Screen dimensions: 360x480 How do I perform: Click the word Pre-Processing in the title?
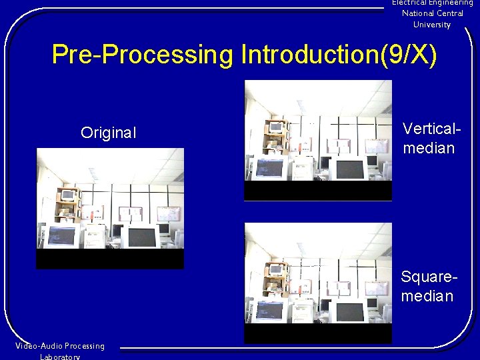tap(143, 55)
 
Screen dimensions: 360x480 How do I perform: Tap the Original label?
tap(108, 133)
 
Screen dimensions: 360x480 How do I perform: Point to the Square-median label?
tap(427, 286)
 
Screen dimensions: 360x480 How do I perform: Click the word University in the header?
tap(432, 25)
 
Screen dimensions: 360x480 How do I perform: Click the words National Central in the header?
tap(432, 13)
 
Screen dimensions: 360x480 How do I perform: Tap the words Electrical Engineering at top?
tap(432, 3)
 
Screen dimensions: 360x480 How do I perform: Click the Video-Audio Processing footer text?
tap(60, 346)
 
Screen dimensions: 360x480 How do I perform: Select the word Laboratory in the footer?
tap(60, 357)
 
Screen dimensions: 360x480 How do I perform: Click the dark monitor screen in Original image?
tap(141, 237)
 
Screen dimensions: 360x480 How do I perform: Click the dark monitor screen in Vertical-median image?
tap(349, 169)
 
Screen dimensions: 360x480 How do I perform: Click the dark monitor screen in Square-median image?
tap(349, 311)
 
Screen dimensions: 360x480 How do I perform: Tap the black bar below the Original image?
tap(110, 259)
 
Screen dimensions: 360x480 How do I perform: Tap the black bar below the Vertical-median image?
tap(318, 191)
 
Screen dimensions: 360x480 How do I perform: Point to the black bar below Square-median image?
tap(318, 333)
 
